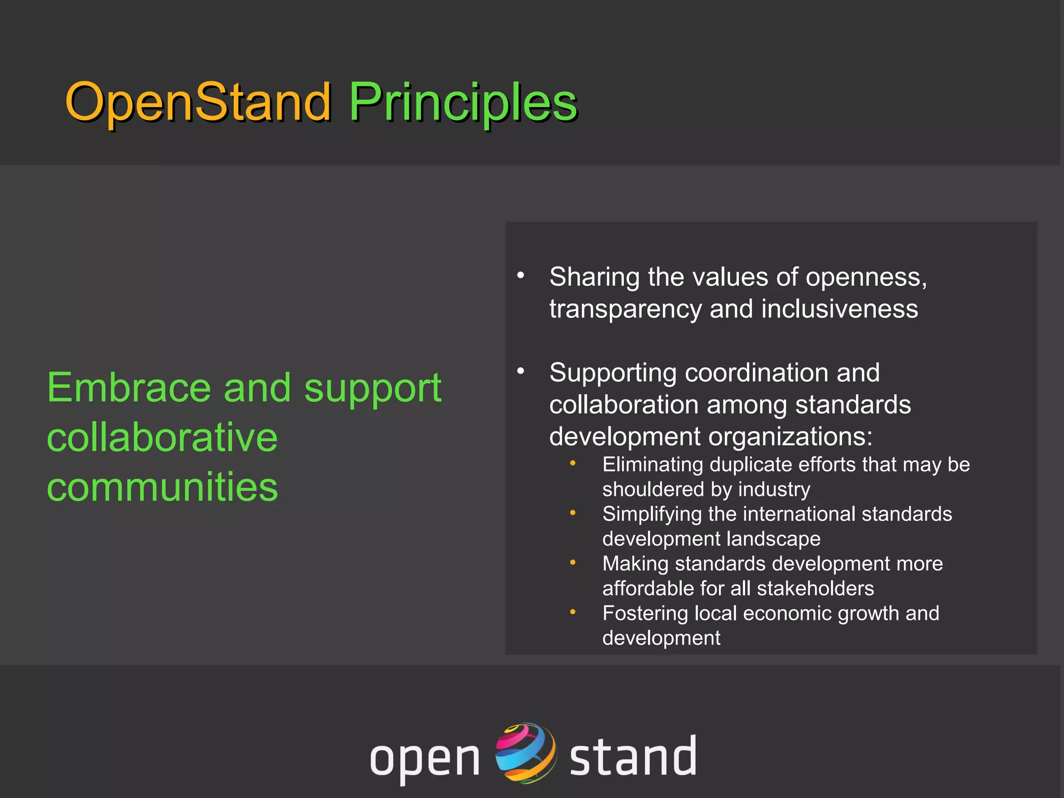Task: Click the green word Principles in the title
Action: coord(462,102)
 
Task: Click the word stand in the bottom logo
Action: coord(633,756)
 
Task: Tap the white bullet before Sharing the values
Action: coord(521,275)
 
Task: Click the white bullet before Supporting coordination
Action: coord(521,371)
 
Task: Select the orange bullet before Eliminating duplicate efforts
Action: coord(573,463)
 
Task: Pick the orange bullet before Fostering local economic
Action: coord(573,612)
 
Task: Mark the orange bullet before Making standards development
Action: coord(573,562)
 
